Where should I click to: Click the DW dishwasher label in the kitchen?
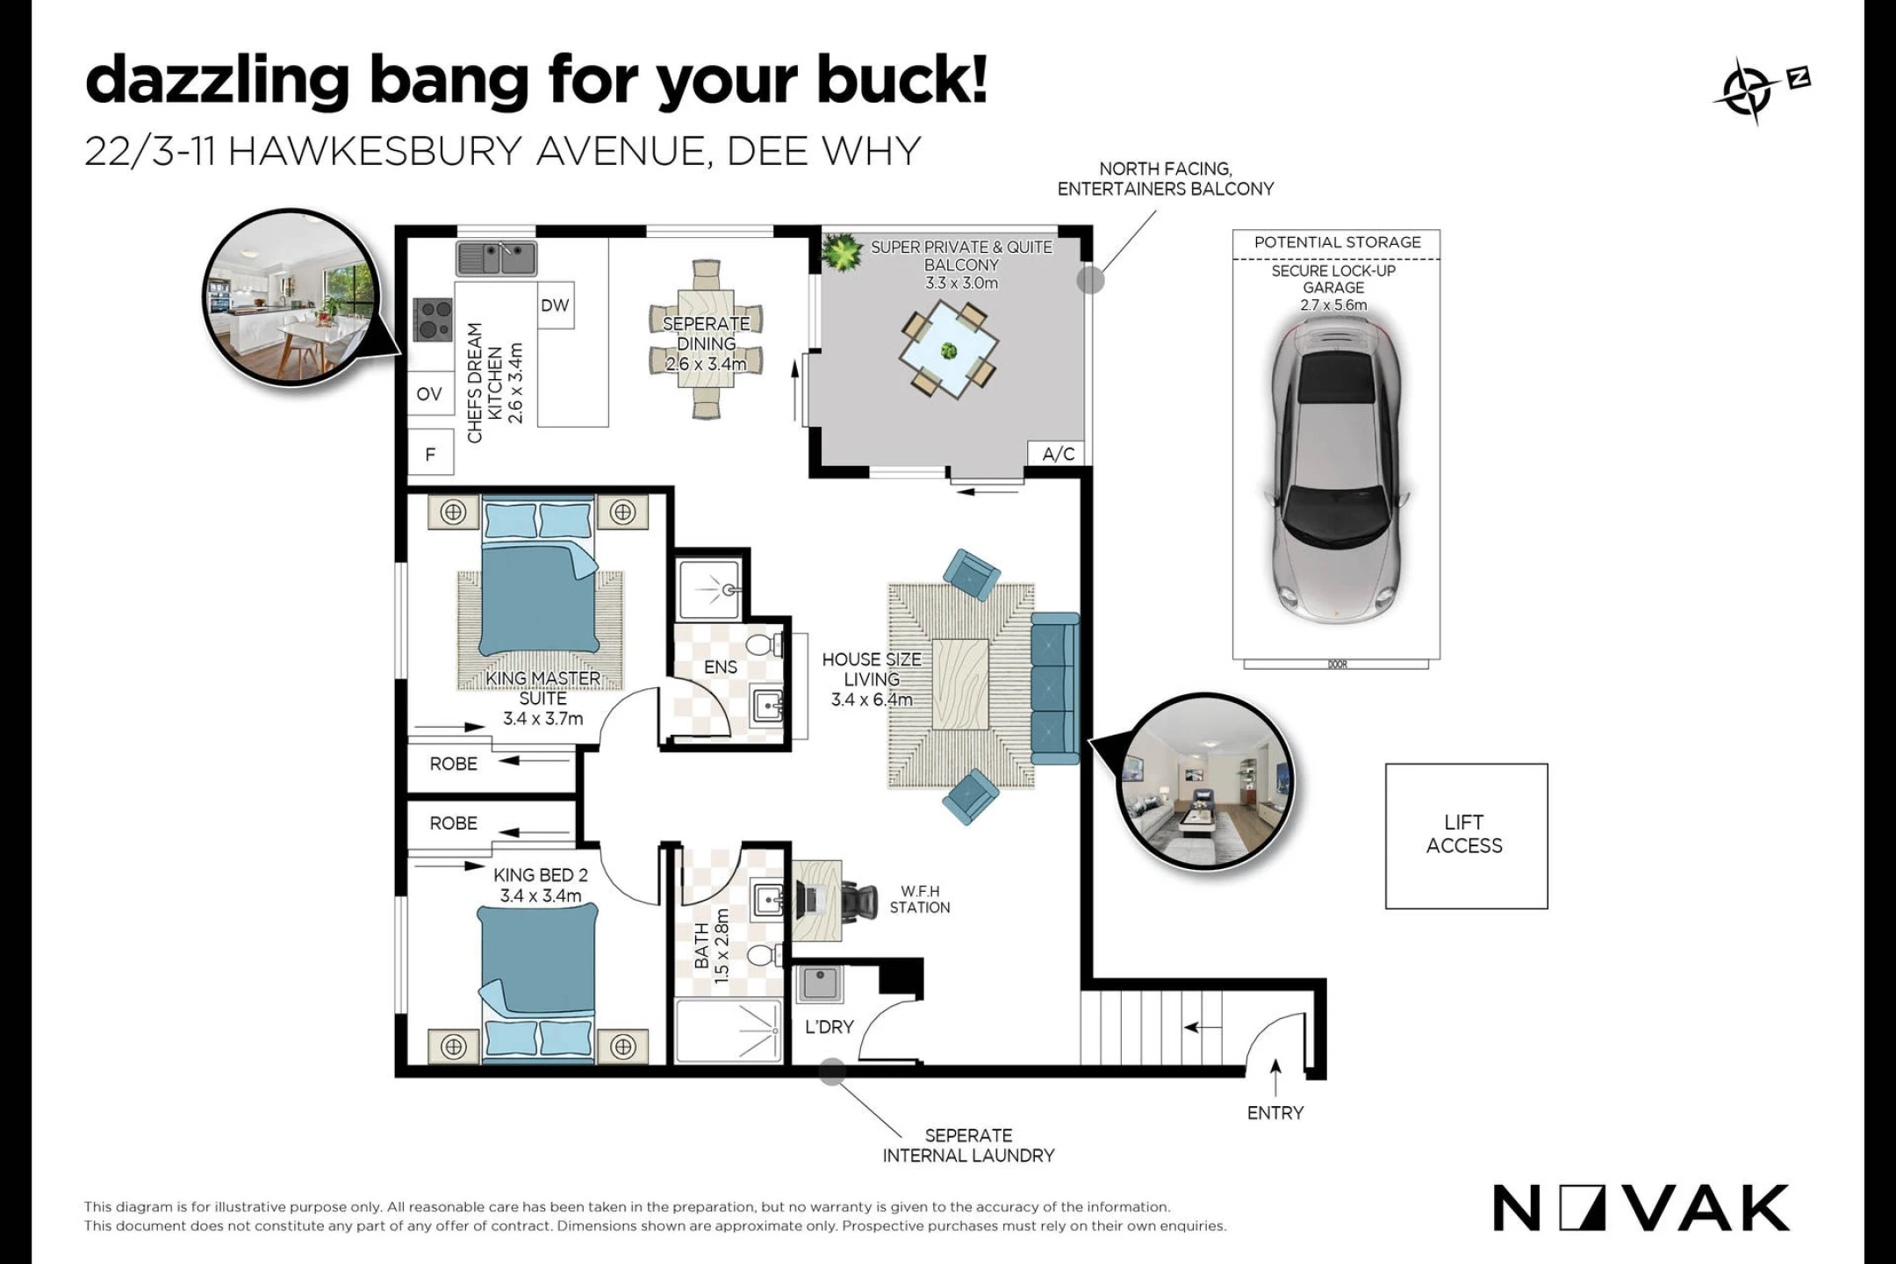(x=555, y=305)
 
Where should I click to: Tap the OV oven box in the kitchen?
(x=430, y=394)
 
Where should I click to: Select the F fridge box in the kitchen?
(x=430, y=454)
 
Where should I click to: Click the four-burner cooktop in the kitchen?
(x=434, y=320)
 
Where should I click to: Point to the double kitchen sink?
(x=496, y=259)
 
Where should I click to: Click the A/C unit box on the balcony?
(x=1058, y=454)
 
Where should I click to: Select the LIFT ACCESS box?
(x=1466, y=836)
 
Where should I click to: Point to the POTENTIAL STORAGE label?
(x=1337, y=242)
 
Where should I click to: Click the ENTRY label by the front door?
(x=1275, y=1113)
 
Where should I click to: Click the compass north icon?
(x=1759, y=91)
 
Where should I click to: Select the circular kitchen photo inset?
(x=291, y=297)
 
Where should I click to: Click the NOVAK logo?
(x=1641, y=1208)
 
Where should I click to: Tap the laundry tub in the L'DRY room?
(x=820, y=983)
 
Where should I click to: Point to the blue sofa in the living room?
(x=1055, y=688)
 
